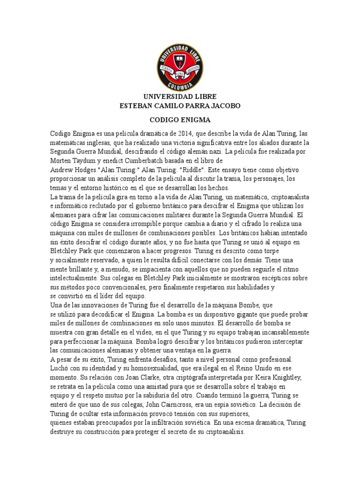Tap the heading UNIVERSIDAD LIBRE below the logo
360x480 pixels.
pyautogui.click(x=180, y=97)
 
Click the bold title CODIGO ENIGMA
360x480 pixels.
pyautogui.click(x=180, y=120)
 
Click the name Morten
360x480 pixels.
pyautogui.click(x=61, y=160)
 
